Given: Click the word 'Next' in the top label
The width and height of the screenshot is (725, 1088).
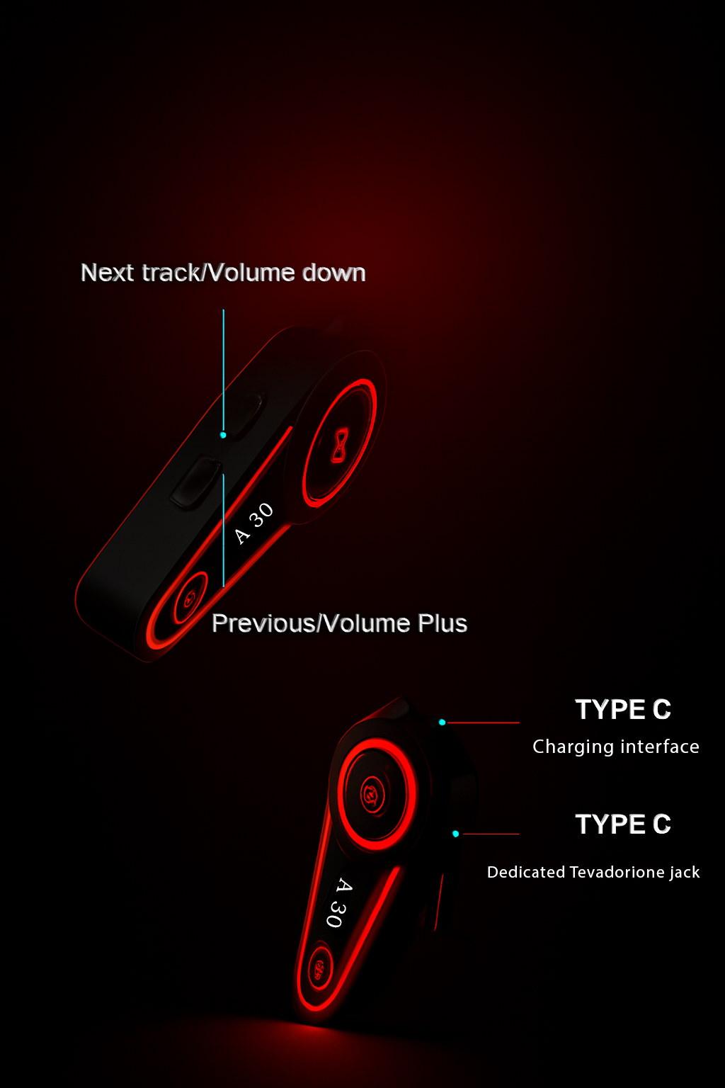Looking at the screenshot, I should (x=108, y=273).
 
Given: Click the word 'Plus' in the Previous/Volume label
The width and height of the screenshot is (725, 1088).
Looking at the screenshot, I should (x=443, y=623).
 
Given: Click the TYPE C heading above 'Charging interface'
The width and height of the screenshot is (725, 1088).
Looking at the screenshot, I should (x=622, y=709).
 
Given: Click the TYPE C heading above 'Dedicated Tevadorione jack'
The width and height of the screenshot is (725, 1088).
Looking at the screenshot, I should (x=622, y=824).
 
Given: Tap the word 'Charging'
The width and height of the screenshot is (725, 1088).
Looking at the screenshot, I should (x=573, y=747).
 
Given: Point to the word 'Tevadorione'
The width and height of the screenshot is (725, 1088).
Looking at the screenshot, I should (x=617, y=872).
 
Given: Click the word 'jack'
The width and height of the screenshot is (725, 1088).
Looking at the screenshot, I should (x=685, y=872).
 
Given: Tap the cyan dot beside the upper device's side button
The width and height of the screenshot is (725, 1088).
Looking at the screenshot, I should (x=223, y=435).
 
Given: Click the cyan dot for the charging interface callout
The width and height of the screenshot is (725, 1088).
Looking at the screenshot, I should (x=442, y=722).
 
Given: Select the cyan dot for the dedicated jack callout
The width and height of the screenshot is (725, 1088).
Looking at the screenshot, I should (x=455, y=834).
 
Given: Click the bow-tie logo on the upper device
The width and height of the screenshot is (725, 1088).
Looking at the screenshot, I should (x=340, y=445).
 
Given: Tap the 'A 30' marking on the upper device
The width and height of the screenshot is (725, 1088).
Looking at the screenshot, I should (x=253, y=523).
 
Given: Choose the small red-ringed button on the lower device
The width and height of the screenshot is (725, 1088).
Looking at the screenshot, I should (x=319, y=969).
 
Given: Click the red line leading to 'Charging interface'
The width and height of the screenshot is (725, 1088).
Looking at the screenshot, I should (x=484, y=722).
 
